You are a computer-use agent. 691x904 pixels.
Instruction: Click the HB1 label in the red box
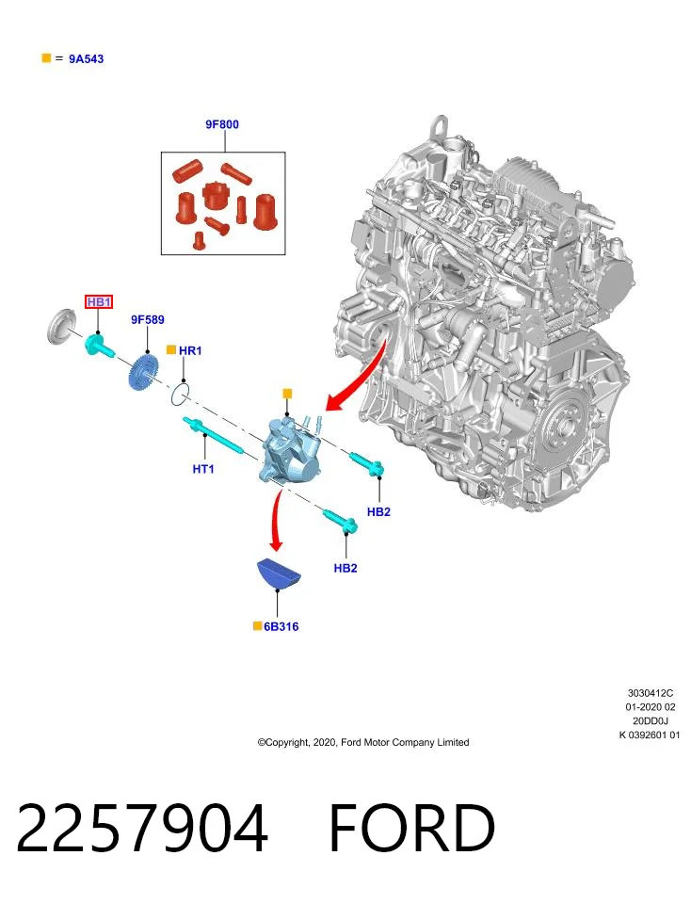(x=99, y=301)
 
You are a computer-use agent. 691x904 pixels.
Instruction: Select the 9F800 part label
(x=222, y=124)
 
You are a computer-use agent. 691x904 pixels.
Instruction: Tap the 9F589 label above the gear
(x=148, y=319)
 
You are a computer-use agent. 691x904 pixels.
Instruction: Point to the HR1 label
(x=190, y=350)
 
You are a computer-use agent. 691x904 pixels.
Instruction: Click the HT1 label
(x=202, y=469)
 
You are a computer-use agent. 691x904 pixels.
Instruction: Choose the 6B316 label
(x=281, y=627)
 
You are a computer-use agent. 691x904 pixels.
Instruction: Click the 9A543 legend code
(x=87, y=58)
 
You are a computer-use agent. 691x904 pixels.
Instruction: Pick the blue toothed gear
(x=142, y=374)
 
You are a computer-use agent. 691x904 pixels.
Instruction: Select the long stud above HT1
(x=214, y=435)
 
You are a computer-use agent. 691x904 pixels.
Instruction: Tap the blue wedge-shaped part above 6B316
(x=279, y=574)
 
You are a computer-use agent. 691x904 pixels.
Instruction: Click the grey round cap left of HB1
(x=60, y=327)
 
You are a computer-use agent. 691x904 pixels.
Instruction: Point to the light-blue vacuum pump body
(x=292, y=451)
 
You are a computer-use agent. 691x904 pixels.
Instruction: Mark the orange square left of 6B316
(x=257, y=626)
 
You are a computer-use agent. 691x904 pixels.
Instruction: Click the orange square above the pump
(x=287, y=394)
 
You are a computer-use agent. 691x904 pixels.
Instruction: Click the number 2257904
(x=142, y=828)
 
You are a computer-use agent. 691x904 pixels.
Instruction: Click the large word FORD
(x=411, y=828)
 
